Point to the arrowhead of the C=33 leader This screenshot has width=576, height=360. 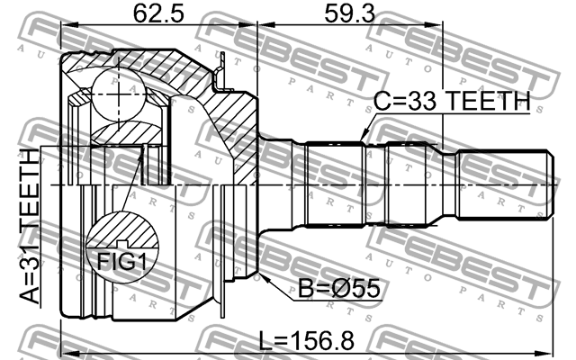[x=362, y=139]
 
